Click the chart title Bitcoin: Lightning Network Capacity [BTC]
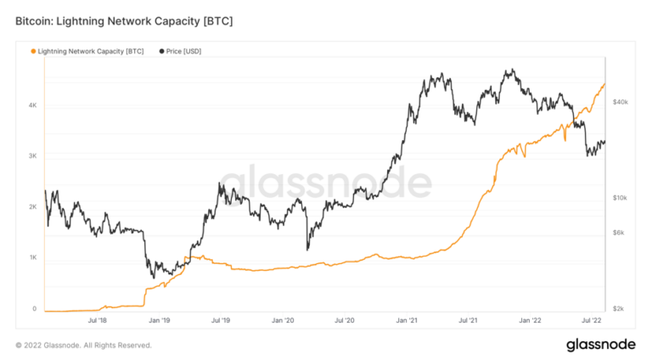tap(123, 18)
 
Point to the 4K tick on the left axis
tap(32, 105)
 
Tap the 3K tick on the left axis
tap(32, 156)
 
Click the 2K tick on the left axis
tap(32, 207)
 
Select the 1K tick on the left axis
tap(32, 258)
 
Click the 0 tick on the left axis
tap(34, 309)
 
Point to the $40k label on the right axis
tap(620, 102)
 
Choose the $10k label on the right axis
tap(620, 198)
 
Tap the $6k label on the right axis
tap(620, 233)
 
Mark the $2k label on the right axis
tap(620, 309)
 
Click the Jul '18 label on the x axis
tap(98, 320)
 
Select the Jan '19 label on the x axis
tap(160, 320)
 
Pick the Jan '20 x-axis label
tap(284, 320)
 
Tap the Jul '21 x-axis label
tap(469, 320)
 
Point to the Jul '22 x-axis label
tap(592, 320)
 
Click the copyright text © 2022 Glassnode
tap(84, 346)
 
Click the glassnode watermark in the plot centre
tap(326, 182)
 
